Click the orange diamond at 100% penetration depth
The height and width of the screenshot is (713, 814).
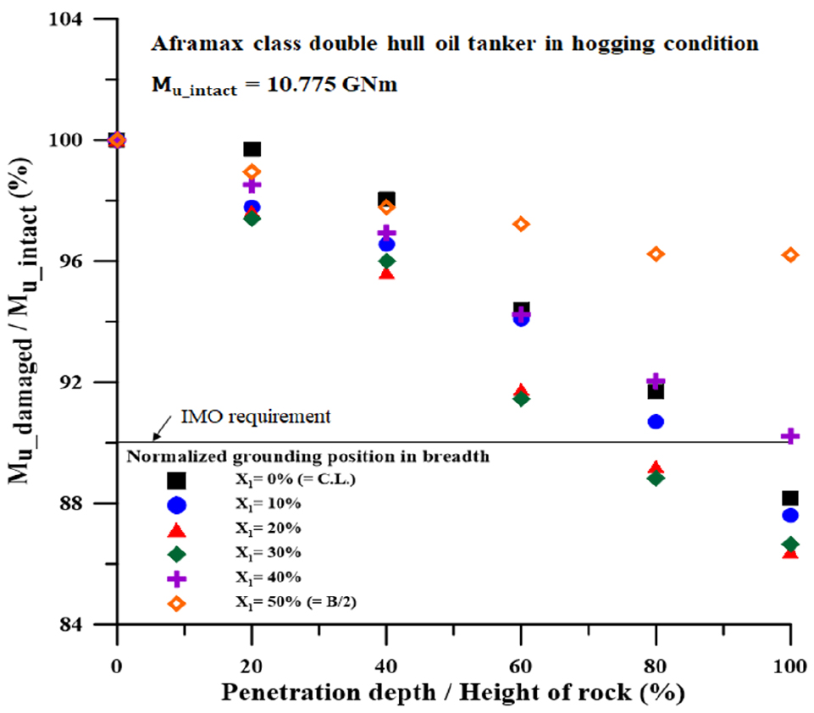click(x=790, y=255)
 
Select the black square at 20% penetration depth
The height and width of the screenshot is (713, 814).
click(x=252, y=149)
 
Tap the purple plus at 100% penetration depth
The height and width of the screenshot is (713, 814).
click(x=790, y=436)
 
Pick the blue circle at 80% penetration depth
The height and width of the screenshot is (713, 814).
click(x=656, y=422)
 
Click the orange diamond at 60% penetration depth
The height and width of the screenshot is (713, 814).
click(x=521, y=224)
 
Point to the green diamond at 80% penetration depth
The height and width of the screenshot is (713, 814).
click(x=656, y=478)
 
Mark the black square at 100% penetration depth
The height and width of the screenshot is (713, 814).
click(x=790, y=498)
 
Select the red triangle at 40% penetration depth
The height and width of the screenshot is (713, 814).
click(x=386, y=273)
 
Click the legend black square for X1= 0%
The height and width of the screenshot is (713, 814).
click(x=176, y=480)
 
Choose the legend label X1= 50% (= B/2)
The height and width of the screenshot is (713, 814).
click(x=296, y=602)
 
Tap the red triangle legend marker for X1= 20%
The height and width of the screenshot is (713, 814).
click(x=176, y=530)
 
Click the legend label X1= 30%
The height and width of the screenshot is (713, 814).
click(x=269, y=553)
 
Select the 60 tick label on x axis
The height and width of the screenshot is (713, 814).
click(x=521, y=666)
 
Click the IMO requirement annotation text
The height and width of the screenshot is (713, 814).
click(x=256, y=417)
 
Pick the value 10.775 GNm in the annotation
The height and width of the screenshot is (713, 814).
click(x=332, y=84)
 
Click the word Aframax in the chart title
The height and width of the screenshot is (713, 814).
click(x=197, y=43)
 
